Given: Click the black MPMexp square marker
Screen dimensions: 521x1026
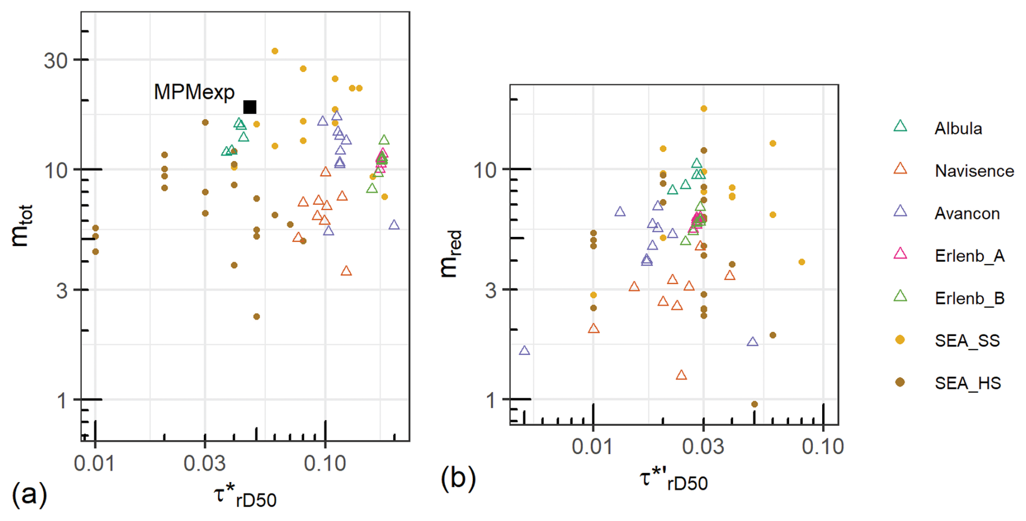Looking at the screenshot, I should click(249, 107).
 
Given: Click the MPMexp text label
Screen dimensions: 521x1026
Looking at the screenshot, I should click(194, 92).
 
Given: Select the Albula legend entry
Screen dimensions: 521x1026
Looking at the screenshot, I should click(958, 128).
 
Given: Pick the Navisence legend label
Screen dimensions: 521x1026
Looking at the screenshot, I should click(974, 171).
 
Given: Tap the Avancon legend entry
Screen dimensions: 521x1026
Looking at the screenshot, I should click(967, 214).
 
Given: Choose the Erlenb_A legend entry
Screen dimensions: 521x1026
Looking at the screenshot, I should click(969, 256).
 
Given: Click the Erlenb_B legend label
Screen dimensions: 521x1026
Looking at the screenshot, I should click(969, 298).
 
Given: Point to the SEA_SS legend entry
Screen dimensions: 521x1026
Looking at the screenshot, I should click(967, 340).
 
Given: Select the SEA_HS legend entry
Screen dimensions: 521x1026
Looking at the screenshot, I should click(967, 383).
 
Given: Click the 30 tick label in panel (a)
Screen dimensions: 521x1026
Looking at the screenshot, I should click(56, 60).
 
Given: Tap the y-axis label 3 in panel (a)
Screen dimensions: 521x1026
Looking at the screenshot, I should click(62, 291).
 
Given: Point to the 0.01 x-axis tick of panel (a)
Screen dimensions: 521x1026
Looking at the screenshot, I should click(95, 464).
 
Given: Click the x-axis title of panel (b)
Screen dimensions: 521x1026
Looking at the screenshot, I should click(674, 480).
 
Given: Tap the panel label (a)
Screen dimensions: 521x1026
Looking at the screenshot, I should click(29, 494).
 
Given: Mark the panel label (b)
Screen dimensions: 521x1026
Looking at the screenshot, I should click(458, 478).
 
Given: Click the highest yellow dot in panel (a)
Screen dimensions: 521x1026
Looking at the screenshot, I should click(275, 51).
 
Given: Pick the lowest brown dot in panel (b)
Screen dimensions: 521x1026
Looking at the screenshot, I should click(754, 404).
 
